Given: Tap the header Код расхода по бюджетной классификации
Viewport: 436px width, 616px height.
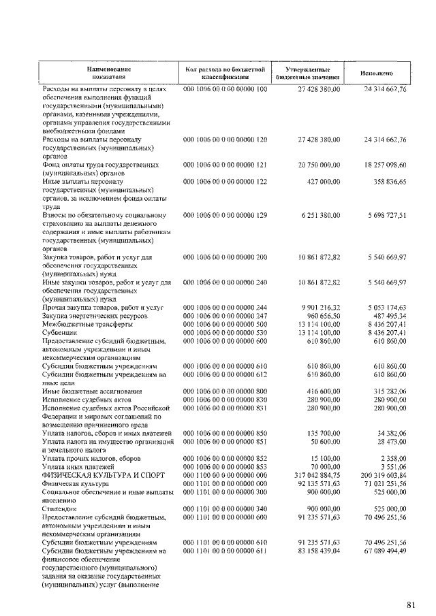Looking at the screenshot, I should (x=225, y=74).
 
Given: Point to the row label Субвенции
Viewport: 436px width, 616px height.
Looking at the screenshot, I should (x=61, y=333).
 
